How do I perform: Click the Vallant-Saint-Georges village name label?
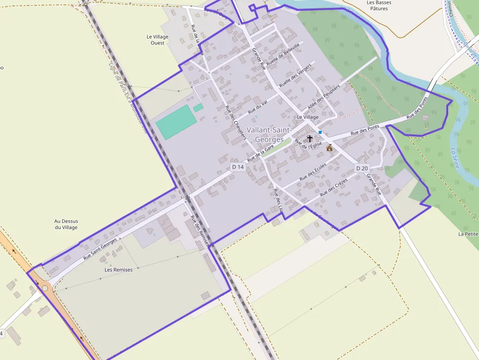coord(269,134)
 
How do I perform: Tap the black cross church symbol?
coord(309,139)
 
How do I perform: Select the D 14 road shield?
coord(238,167)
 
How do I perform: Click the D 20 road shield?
coord(362,168)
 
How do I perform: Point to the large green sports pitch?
coord(176,122)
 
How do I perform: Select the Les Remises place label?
coord(118,270)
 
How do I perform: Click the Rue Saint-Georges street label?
coord(100,249)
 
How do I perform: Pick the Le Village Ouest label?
coord(157,40)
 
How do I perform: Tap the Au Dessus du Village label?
coord(66,224)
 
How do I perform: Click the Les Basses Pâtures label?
coord(379,5)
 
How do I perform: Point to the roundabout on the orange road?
coord(45,288)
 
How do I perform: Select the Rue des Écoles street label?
coord(313,172)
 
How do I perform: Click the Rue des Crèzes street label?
coord(334,188)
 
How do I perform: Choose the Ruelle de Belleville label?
coord(283,53)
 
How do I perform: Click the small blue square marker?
coord(320,132)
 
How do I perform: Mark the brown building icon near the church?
coord(329,148)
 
